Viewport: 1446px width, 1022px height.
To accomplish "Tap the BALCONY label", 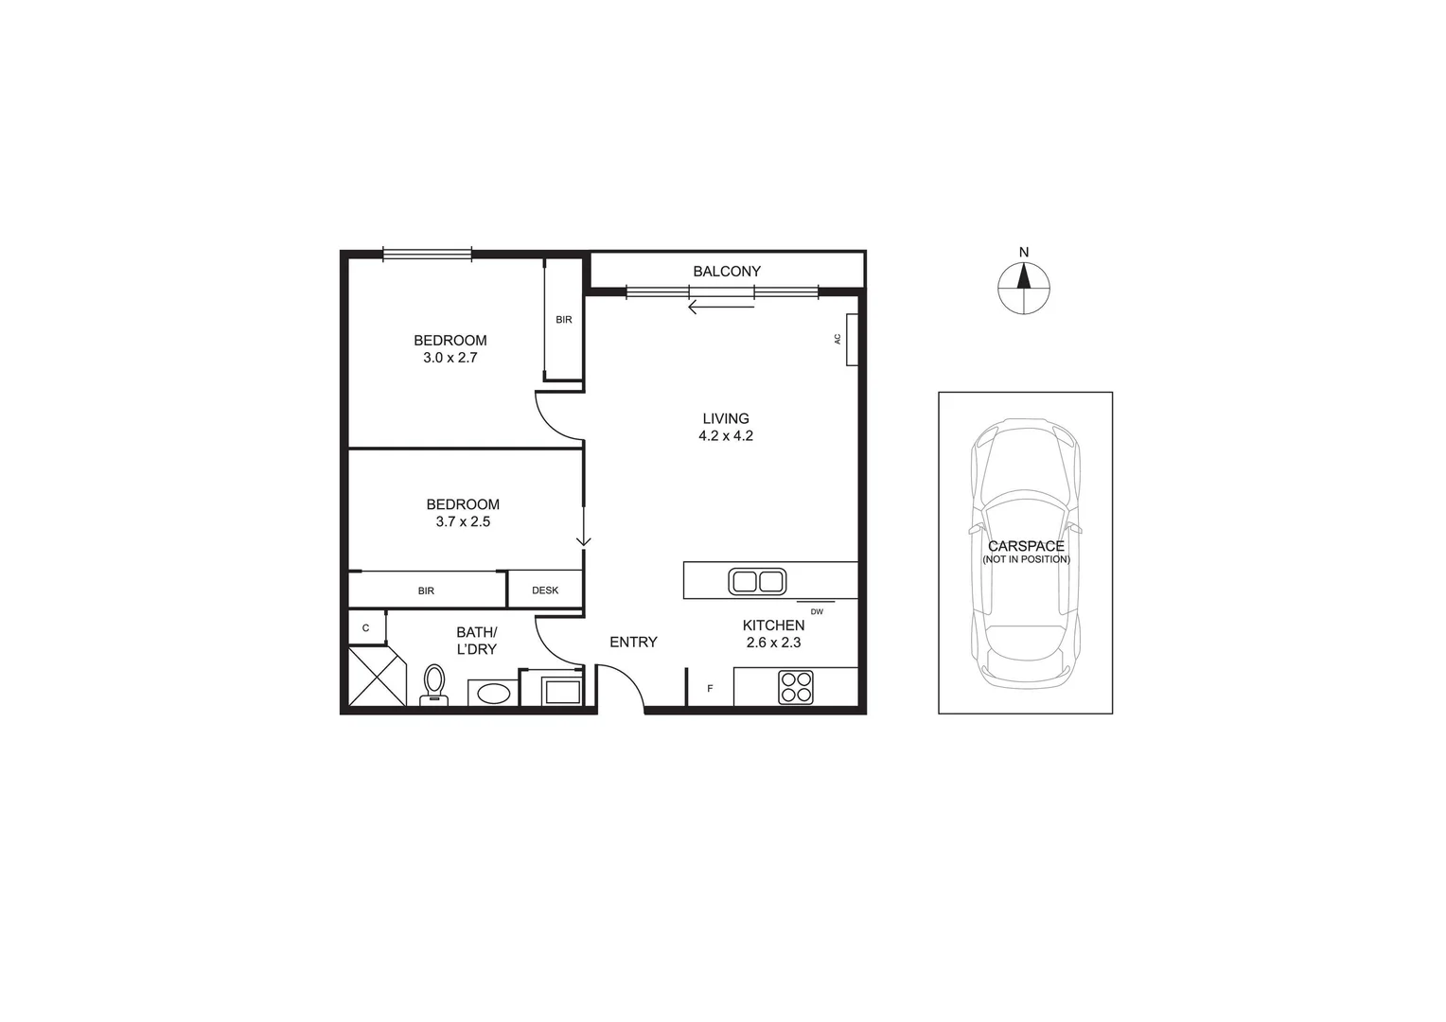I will [x=726, y=272].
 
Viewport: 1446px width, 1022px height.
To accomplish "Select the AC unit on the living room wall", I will [x=851, y=339].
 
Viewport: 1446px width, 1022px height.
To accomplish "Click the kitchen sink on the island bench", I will [x=757, y=581].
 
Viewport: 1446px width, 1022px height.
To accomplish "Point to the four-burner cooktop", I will [x=795, y=687].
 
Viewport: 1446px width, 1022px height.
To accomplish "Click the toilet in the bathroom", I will [x=434, y=684].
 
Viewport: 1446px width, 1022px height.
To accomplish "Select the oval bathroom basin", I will [x=493, y=694].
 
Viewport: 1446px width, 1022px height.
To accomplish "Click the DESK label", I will [x=545, y=590].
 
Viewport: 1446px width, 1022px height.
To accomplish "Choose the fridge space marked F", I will [x=710, y=688].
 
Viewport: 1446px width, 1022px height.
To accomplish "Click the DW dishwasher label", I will [x=817, y=612].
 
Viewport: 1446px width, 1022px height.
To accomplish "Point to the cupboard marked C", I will [x=366, y=627].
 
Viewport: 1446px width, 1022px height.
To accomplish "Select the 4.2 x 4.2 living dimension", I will [x=725, y=436].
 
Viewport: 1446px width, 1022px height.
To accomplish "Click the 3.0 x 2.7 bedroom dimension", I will [x=450, y=358].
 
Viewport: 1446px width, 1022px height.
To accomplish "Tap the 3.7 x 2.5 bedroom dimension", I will [x=463, y=521].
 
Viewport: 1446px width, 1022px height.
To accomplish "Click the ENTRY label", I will [x=633, y=642].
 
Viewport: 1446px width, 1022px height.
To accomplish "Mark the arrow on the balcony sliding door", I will [x=720, y=307].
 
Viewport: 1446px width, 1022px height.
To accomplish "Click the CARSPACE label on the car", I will [x=1026, y=546].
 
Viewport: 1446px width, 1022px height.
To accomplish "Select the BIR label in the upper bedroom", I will [x=564, y=320].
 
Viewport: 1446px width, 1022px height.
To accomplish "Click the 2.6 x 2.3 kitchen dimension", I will [x=773, y=643].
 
